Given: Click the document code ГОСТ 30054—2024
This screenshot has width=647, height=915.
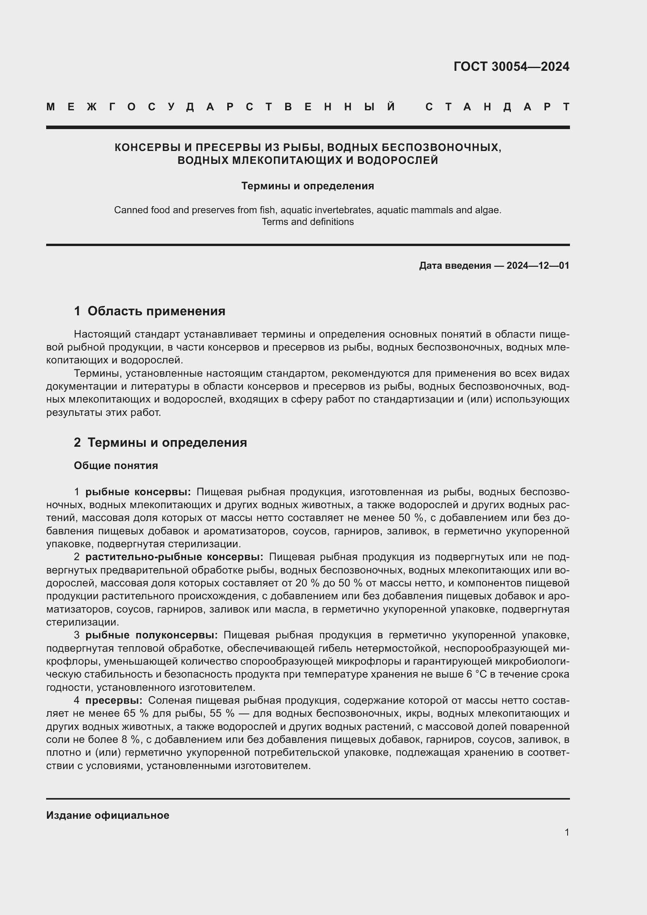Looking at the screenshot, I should [511, 67].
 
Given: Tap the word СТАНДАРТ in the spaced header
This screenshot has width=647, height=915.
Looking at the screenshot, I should [497, 107].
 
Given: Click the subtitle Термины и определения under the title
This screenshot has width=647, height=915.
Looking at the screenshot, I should [307, 186].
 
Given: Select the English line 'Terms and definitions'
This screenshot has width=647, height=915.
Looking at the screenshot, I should [307, 222].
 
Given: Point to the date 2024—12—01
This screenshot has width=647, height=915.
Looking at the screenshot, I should [537, 266].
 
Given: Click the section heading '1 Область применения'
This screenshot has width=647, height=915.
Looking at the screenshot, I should [149, 311].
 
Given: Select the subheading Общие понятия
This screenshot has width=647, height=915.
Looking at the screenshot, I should [116, 466].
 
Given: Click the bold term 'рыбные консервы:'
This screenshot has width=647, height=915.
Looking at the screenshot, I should [138, 492].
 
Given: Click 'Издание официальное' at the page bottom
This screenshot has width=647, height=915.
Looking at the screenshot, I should [108, 815].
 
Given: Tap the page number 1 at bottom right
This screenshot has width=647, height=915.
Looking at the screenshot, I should [566, 832].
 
